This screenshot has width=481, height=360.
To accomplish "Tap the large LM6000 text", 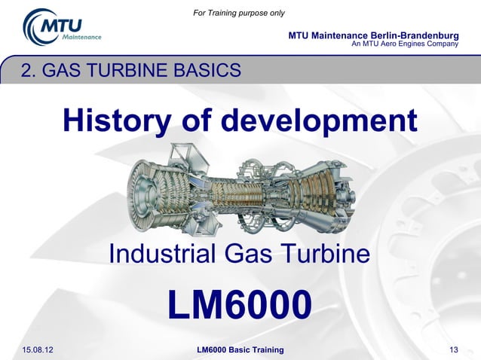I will coord(239,305).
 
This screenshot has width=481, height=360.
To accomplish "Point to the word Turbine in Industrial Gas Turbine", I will coord(327,255).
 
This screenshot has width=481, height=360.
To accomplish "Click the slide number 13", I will coord(454,350).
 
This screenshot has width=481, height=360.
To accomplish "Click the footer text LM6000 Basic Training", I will coord(240,350).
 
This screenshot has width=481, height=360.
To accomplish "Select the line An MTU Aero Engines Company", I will coord(406,44).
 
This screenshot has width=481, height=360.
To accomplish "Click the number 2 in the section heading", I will coord(27,72).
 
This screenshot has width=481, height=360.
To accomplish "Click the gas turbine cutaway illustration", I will coord(240,192).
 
